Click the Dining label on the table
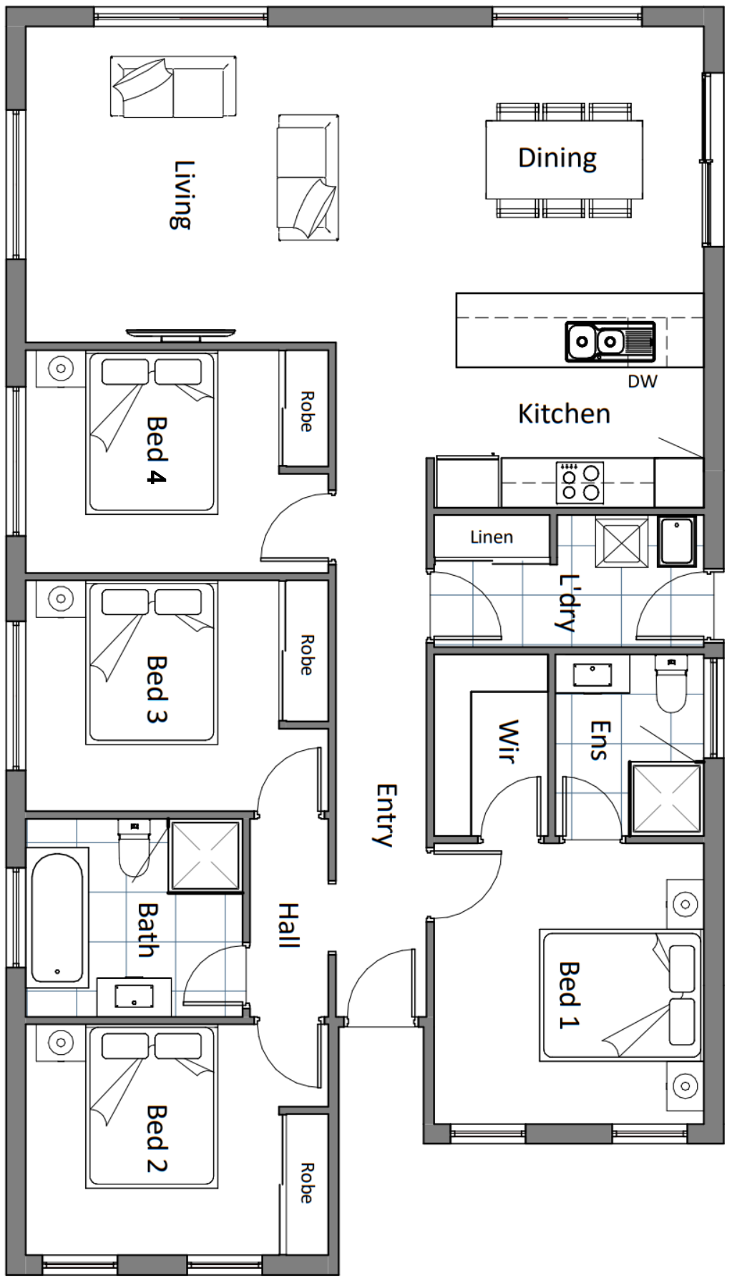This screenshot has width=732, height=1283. pyautogui.click(x=557, y=158)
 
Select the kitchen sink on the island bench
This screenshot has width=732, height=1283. pyautogui.click(x=610, y=341)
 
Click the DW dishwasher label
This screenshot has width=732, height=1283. pyautogui.click(x=642, y=381)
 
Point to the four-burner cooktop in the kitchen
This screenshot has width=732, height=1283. pyautogui.click(x=580, y=481)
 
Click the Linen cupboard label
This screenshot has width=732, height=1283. pyautogui.click(x=492, y=537)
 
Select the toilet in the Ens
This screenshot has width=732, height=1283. pyautogui.click(x=670, y=684)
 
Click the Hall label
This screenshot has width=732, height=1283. pyautogui.click(x=288, y=925)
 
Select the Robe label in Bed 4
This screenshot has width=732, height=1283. pyautogui.click(x=306, y=411)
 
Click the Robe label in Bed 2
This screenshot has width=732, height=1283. pyautogui.click(x=306, y=1183)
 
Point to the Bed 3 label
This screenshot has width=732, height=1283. pyautogui.click(x=156, y=689)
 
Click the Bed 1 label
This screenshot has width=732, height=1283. pyautogui.click(x=568, y=995)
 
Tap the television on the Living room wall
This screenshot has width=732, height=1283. pyautogui.click(x=181, y=335)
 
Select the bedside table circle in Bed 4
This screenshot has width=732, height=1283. pyautogui.click(x=61, y=369)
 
